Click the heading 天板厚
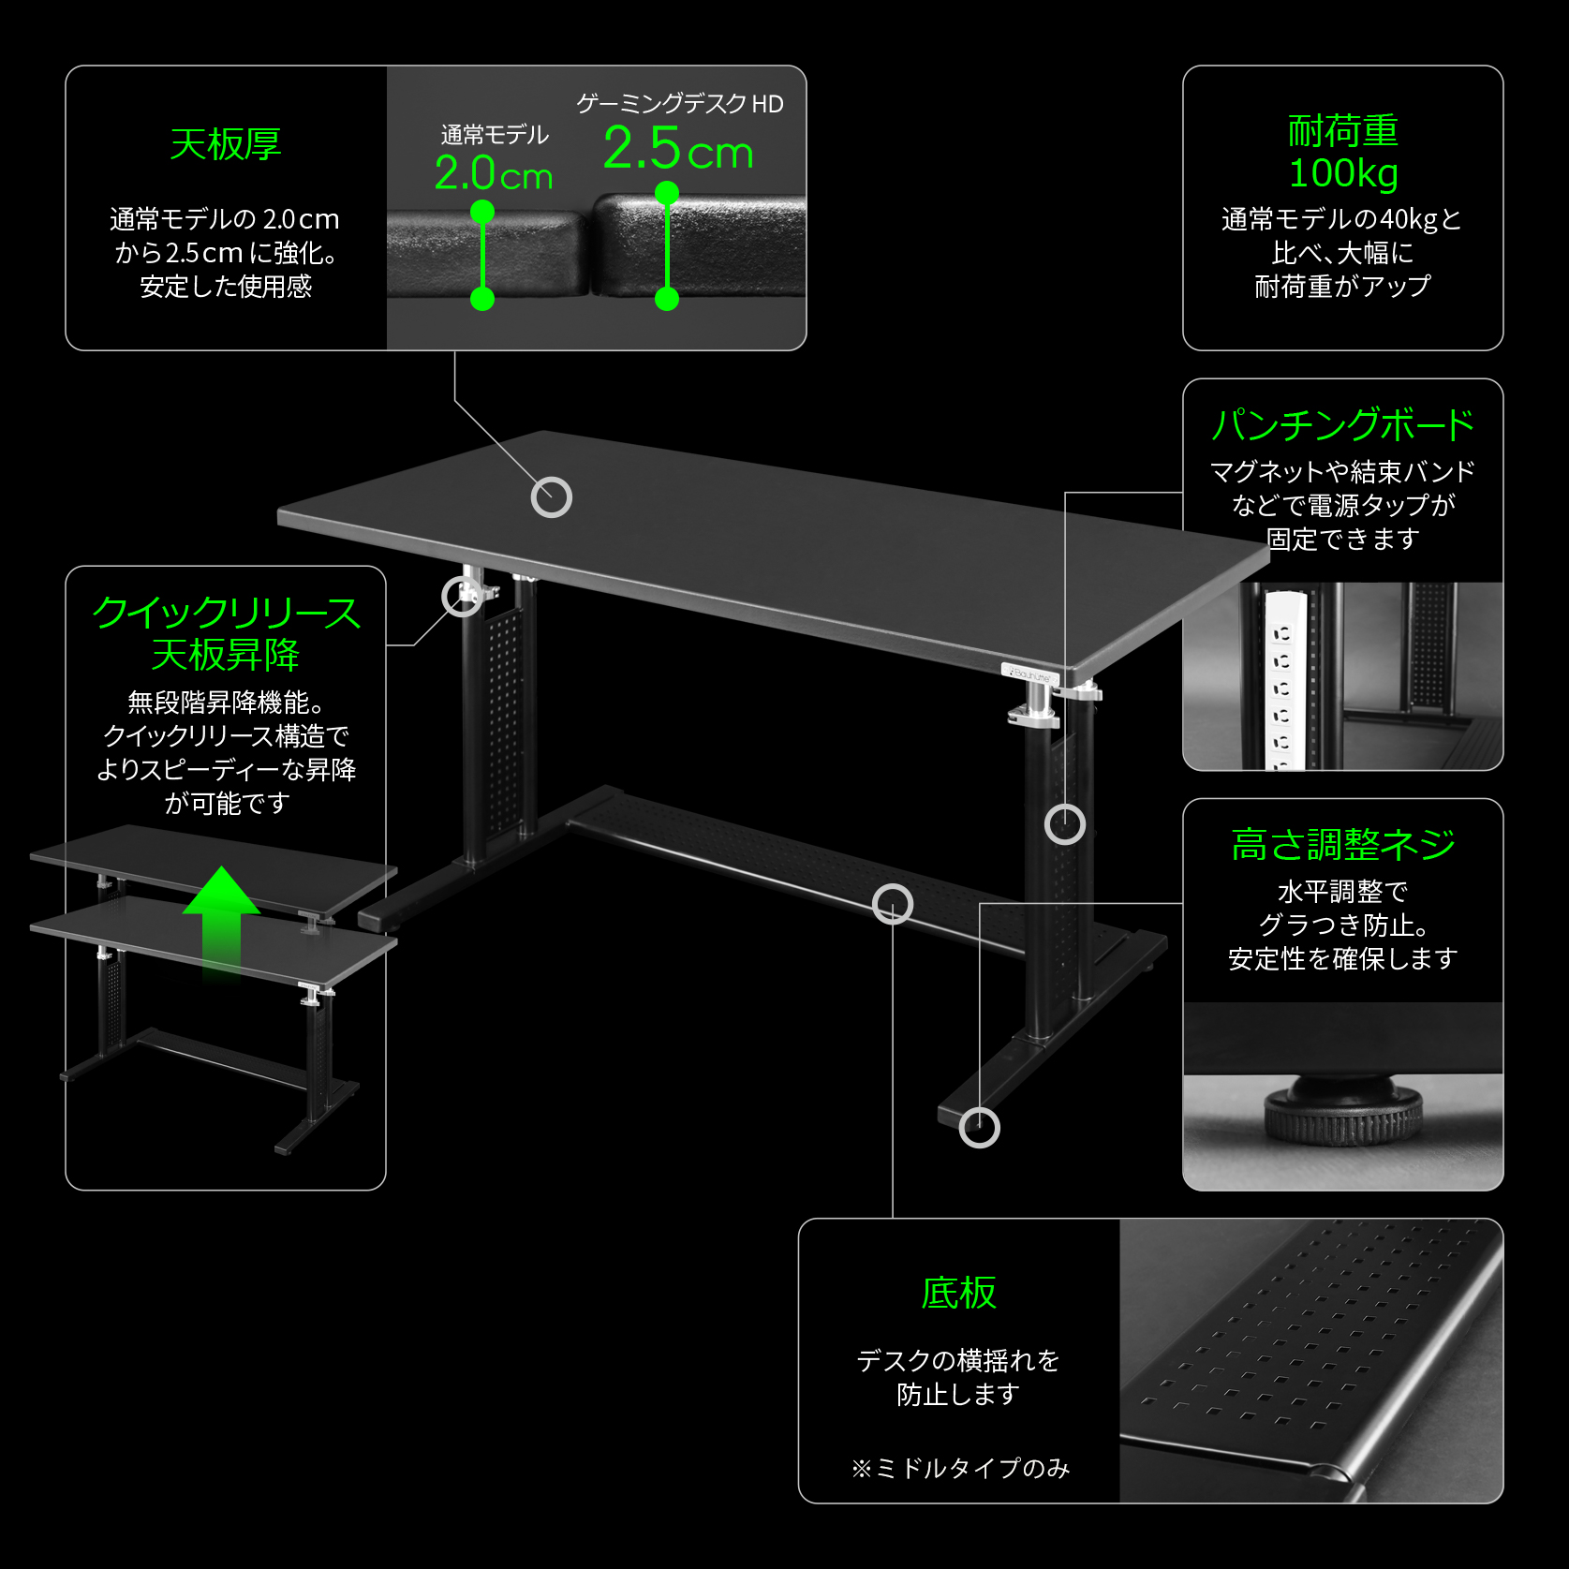pyautogui.click(x=226, y=144)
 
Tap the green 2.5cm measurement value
pyautogui.click(x=678, y=150)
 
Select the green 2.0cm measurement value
pyautogui.click(x=494, y=174)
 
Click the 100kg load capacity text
pyautogui.click(x=1342, y=173)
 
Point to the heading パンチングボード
pyautogui.click(x=1342, y=425)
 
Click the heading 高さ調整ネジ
pyautogui.click(x=1342, y=844)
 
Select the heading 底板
pyautogui.click(x=958, y=1293)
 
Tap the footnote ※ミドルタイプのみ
pyautogui.click(x=960, y=1468)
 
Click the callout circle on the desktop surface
pyautogui.click(x=552, y=497)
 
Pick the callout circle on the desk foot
pyautogui.click(x=980, y=1127)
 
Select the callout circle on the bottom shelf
pyautogui.click(x=893, y=904)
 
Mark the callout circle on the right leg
pyautogui.click(x=1065, y=824)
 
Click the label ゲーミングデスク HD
pyautogui.click(x=679, y=104)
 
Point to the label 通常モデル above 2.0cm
pyautogui.click(x=495, y=135)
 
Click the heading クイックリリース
pyautogui.click(x=226, y=613)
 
